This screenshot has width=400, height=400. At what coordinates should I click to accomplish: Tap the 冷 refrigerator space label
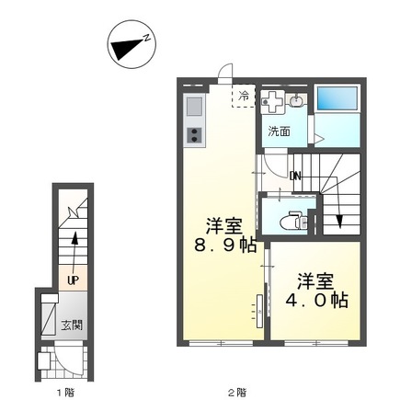click(x=244, y=95)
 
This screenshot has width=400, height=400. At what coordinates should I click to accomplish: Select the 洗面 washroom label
click(x=279, y=131)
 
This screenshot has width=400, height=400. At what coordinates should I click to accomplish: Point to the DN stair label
click(x=295, y=176)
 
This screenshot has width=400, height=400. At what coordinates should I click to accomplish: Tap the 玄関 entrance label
click(x=72, y=325)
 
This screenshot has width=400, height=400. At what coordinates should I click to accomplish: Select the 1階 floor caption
click(x=63, y=393)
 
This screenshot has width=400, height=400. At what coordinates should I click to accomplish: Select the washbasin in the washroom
click(x=296, y=101)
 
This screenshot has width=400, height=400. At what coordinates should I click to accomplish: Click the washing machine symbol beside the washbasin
click(x=274, y=102)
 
